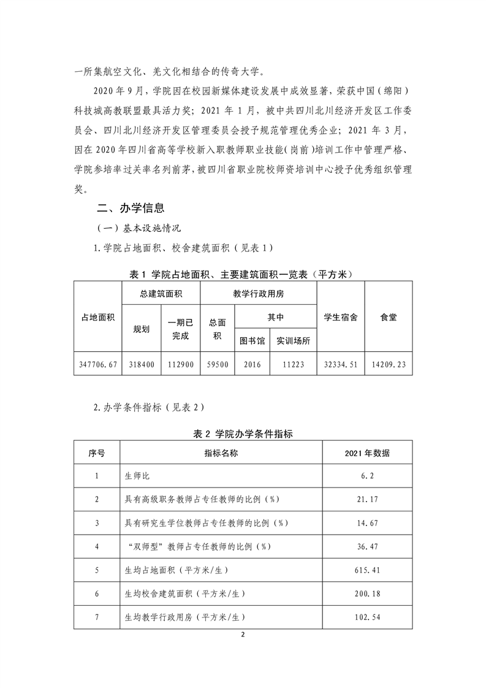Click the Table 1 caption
[x=243, y=273]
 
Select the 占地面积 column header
[x=98, y=317]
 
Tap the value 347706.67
[x=98, y=364]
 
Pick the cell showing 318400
[x=142, y=364]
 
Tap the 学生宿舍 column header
[x=341, y=317]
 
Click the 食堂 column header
[x=388, y=317]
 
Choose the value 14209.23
[x=388, y=364]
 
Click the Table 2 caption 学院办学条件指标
[x=243, y=434]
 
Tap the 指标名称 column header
[x=221, y=454]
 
